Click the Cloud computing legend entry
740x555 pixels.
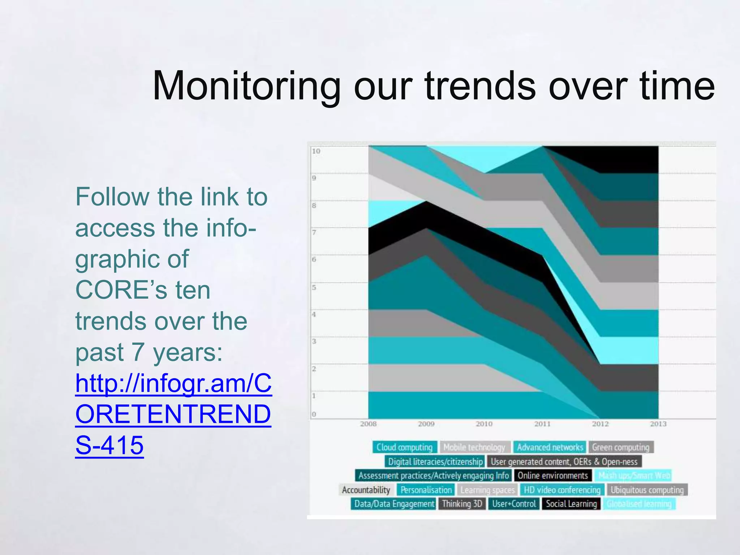tap(404, 447)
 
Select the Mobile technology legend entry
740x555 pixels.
tap(474, 447)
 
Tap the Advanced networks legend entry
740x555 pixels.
tap(550, 447)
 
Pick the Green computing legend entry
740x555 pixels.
tap(620, 447)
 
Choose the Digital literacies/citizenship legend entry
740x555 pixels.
tap(435, 461)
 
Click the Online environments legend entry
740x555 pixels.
tap(553, 476)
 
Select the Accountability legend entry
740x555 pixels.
tap(366, 490)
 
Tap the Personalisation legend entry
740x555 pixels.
tap(426, 490)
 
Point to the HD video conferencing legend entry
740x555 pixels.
tap(562, 490)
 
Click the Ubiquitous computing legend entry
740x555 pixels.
tap(647, 490)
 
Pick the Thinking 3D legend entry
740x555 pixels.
tap(462, 504)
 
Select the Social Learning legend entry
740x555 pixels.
tap(571, 504)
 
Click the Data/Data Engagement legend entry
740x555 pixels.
tap(394, 504)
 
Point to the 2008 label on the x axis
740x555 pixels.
tap(368, 424)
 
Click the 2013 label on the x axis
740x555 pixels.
tap(658, 424)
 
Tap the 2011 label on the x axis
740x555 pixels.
tap(542, 424)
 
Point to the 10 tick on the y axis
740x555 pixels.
tap(316, 151)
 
